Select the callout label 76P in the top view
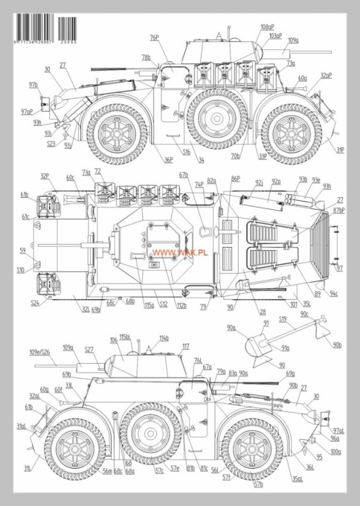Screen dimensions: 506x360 pos(154,38)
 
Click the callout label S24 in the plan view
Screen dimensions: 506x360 pos(35,302)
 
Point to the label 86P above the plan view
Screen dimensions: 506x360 pos(235,178)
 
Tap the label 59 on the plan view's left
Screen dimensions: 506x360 pos(23,251)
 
